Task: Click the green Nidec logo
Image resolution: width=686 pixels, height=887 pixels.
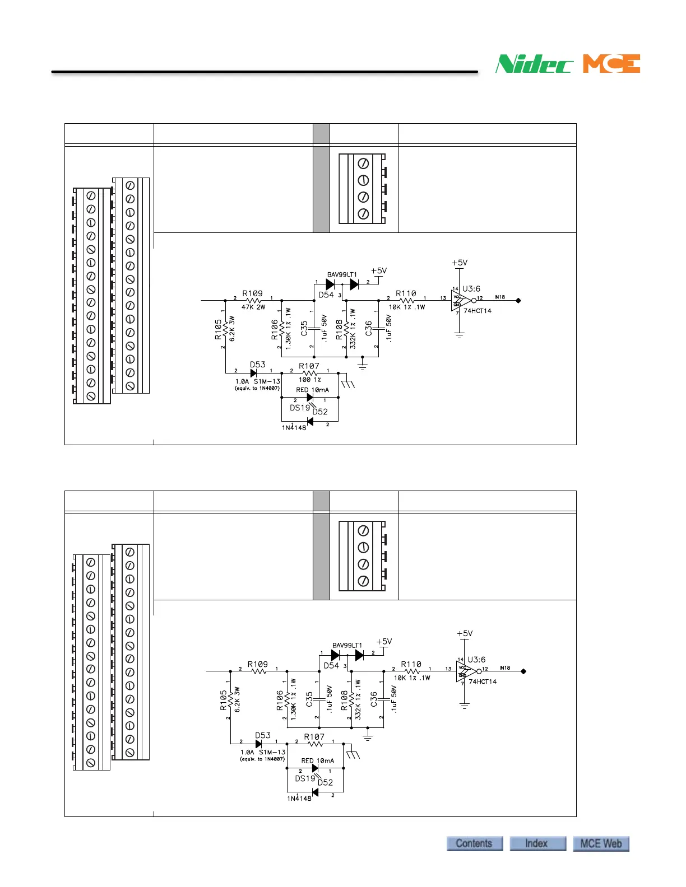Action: [x=534, y=64]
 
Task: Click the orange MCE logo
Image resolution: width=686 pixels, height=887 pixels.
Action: [x=611, y=64]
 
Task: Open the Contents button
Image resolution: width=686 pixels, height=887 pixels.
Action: [x=474, y=843]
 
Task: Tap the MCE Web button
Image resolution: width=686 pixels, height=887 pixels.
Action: [x=601, y=843]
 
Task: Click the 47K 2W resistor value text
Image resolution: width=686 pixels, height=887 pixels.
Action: [x=253, y=307]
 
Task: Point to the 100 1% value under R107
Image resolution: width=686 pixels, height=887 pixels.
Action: [x=309, y=380]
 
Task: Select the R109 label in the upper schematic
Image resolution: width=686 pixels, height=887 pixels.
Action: [x=252, y=293]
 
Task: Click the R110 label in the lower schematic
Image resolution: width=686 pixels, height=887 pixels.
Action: [x=411, y=664]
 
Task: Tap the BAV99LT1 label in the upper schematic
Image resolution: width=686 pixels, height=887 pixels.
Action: [x=342, y=274]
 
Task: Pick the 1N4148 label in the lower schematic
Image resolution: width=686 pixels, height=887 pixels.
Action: [x=299, y=798]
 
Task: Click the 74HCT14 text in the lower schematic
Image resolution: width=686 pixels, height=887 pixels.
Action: [x=483, y=681]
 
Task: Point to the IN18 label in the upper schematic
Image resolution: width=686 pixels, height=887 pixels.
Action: [x=499, y=297]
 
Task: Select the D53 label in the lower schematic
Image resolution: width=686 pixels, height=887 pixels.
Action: [x=263, y=735]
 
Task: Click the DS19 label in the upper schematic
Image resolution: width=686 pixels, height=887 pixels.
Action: [x=300, y=408]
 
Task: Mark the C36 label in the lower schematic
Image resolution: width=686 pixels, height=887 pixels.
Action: [x=374, y=698]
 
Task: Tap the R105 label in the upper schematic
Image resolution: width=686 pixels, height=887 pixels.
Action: [x=218, y=330]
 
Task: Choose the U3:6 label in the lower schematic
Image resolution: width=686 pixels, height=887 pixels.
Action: [x=476, y=660]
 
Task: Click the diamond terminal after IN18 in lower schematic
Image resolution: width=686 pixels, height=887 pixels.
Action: [x=523, y=671]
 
